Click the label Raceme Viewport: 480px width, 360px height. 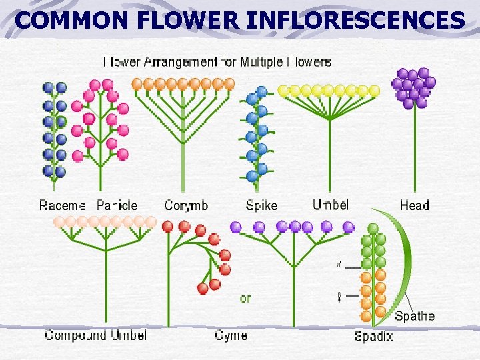pos(63,205)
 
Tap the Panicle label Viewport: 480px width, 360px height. pos(117,205)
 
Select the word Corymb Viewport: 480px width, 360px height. pos(186,205)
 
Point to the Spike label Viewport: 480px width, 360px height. pos(261,205)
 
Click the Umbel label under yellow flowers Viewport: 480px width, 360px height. pos(331,204)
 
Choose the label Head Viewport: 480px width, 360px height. pos(414,205)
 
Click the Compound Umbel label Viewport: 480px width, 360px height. pos(95,335)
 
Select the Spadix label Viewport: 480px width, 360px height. pos(373,336)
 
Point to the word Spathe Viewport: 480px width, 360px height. pos(415,315)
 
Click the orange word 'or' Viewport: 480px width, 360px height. pos(246,298)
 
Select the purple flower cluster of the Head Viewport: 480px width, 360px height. pos(413,87)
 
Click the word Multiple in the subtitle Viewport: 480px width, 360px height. pos(265,62)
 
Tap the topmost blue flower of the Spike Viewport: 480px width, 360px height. pos(261,91)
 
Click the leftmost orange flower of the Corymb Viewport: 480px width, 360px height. pos(137,84)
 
